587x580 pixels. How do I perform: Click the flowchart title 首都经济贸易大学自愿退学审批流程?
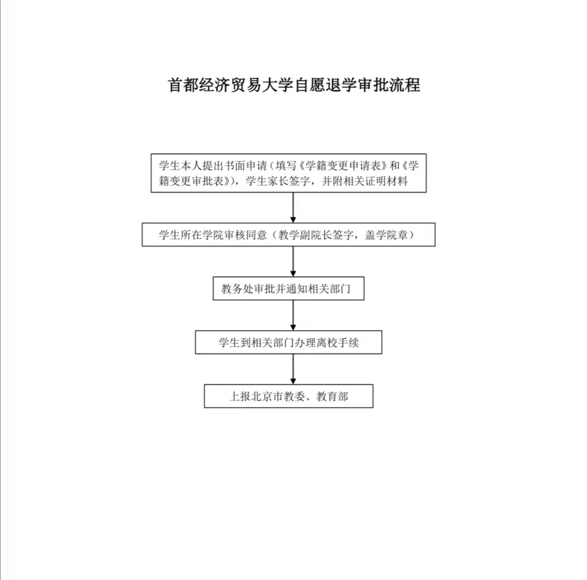click(294, 85)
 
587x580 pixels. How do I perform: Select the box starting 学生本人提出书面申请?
click(289, 173)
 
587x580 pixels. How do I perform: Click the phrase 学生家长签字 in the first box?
click(278, 181)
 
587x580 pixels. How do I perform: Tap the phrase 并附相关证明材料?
click(365, 181)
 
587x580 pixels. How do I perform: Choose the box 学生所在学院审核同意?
click(289, 235)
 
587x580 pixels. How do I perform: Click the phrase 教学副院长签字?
click(316, 235)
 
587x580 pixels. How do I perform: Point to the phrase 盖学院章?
click(386, 235)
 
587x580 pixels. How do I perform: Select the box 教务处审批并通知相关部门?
click(289, 288)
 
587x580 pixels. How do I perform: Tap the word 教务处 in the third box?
click(238, 289)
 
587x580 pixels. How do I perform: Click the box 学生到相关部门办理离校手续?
click(289, 342)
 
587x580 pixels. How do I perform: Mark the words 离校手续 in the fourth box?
click(338, 342)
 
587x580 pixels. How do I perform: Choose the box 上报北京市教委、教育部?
click(289, 396)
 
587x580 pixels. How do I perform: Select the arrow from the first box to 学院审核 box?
click(293, 208)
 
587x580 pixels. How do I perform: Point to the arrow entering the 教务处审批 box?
click(293, 261)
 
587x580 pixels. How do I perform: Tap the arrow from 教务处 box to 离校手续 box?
click(293, 315)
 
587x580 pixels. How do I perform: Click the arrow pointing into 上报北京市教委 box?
click(293, 369)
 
